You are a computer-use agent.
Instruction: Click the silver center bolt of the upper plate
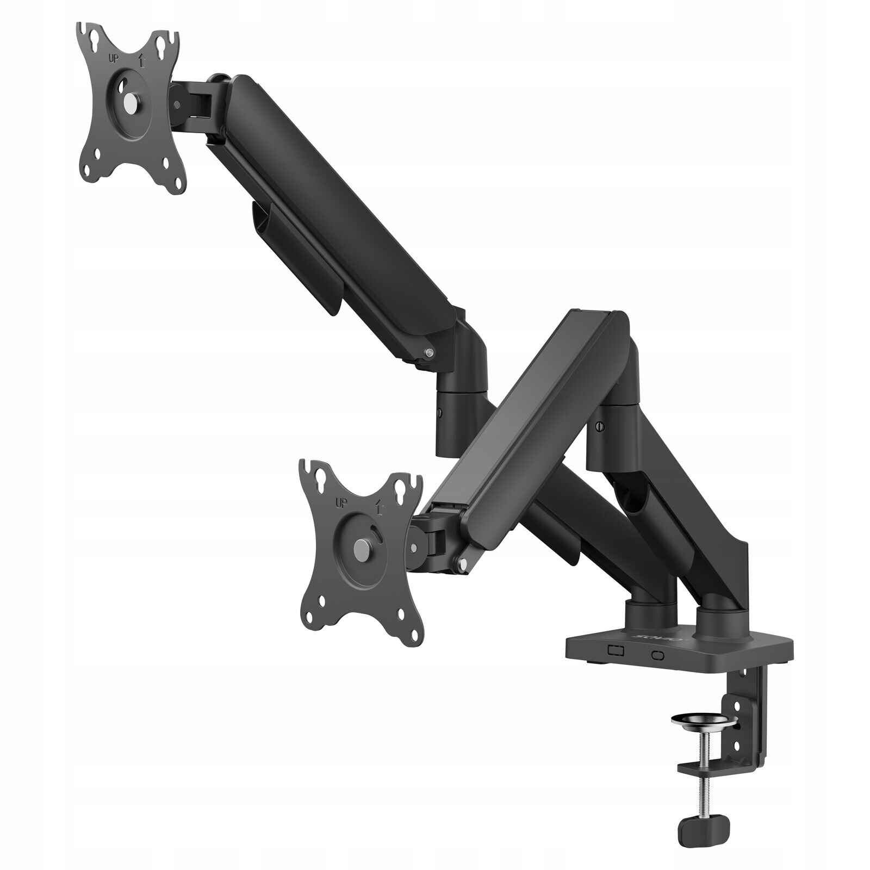(130, 102)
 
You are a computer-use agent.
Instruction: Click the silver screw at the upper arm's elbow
(430, 352)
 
